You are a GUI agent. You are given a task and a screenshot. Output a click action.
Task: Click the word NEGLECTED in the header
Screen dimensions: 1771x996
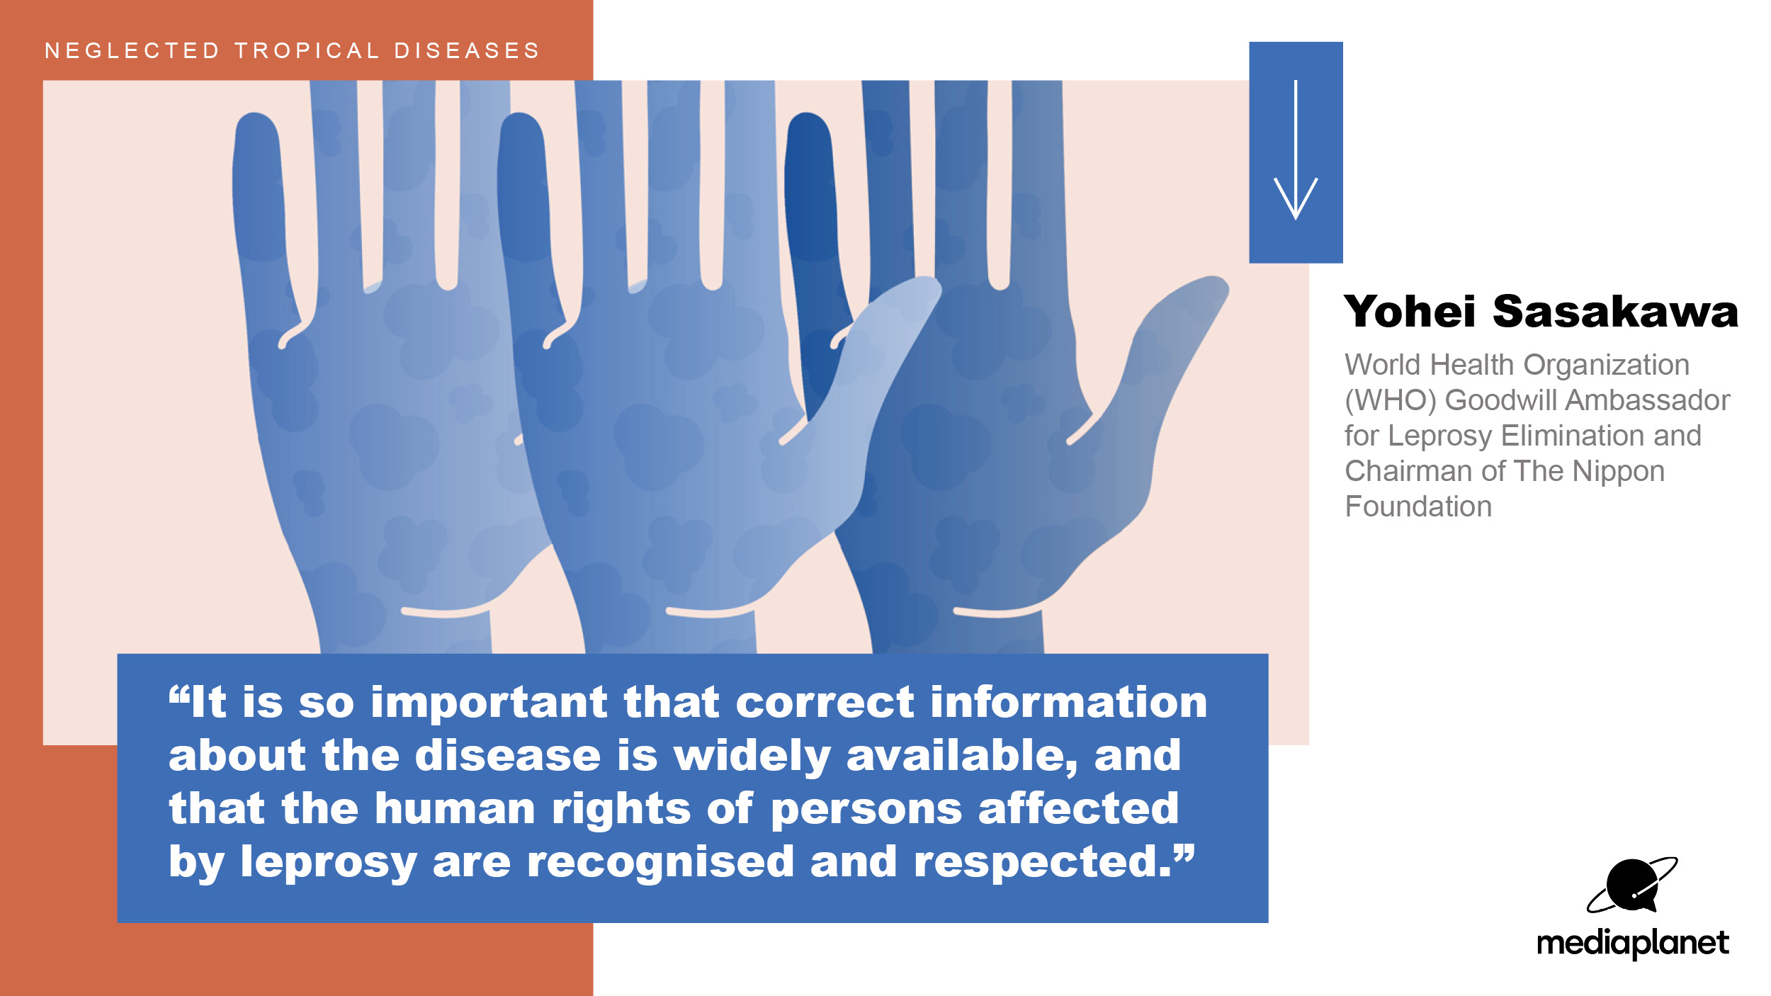click(132, 51)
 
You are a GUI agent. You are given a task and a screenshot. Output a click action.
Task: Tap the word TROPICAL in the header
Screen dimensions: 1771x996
click(307, 51)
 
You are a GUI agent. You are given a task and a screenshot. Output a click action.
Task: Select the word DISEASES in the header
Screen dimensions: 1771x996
click(468, 51)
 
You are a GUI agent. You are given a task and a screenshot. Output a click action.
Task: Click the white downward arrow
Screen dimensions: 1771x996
click(1296, 150)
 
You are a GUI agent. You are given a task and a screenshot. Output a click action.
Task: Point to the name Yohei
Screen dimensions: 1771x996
click(1410, 312)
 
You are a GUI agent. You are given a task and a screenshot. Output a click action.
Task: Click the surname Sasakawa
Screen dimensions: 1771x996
click(1616, 312)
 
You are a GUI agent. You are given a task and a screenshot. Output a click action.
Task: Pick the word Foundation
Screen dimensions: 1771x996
click(1418, 507)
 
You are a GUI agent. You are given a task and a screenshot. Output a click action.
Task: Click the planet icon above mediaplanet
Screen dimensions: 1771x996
click(1631, 885)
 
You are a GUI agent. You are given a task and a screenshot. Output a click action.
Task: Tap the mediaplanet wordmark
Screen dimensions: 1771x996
click(1633, 943)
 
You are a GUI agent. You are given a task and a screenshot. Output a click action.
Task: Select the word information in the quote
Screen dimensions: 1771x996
click(1069, 702)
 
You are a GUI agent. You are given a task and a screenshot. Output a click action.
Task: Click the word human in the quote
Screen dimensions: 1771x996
click(455, 808)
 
